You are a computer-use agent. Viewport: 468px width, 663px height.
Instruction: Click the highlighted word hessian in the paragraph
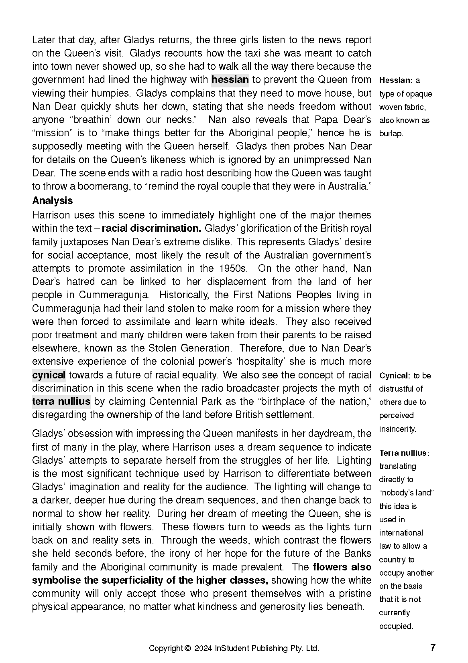[230, 80]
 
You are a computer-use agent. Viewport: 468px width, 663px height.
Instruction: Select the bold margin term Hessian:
[396, 80]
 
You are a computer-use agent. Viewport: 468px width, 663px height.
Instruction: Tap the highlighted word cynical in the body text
[49, 375]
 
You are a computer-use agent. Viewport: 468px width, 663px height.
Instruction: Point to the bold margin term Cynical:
[395, 376]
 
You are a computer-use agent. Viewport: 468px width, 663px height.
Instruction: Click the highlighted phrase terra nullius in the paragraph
[61, 402]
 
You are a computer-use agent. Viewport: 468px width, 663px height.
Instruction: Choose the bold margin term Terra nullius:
[405, 453]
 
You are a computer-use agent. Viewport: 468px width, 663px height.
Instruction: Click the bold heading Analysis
[53, 200]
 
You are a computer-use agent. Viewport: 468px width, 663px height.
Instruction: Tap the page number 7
[432, 647]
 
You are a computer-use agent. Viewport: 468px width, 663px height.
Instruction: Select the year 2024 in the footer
[203, 648]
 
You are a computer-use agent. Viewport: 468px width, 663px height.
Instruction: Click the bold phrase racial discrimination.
[151, 228]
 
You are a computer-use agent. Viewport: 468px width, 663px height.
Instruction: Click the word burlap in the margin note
[391, 133]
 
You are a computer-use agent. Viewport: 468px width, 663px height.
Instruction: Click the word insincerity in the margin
[397, 429]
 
